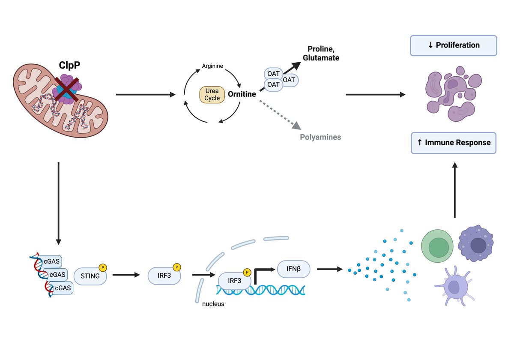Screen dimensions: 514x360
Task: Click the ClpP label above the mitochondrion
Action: (69, 65)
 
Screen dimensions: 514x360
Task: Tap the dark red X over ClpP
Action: (67, 89)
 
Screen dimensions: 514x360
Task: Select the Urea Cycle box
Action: (212, 95)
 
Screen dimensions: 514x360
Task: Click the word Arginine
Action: (212, 66)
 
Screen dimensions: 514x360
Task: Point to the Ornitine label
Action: (242, 94)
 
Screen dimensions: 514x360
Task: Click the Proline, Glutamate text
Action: (321, 53)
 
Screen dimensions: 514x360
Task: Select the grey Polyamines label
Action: (320, 137)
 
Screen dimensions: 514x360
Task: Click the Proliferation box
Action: (454, 45)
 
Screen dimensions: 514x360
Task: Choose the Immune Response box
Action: (454, 143)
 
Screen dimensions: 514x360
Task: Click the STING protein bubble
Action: (90, 276)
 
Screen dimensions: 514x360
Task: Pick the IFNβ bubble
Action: (293, 269)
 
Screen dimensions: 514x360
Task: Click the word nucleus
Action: (213, 304)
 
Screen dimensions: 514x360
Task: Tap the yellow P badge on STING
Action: (103, 268)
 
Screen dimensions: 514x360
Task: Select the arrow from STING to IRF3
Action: (126, 275)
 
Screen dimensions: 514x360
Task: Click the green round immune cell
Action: (437, 246)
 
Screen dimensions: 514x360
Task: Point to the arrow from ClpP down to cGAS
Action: (59, 204)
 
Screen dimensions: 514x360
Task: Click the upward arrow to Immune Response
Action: (455, 190)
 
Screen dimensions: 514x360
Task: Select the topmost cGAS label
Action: (51, 261)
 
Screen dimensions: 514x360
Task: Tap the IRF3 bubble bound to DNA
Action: (235, 281)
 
